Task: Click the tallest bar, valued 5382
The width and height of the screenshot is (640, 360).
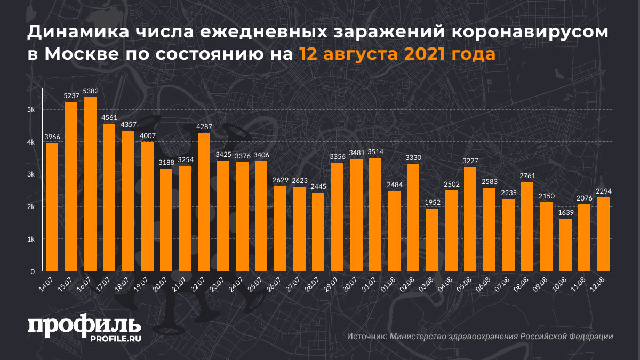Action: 90,184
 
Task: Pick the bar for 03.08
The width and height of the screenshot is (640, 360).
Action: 432,239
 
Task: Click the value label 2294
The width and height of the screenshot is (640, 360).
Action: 603,191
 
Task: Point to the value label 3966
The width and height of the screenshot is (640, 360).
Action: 52,137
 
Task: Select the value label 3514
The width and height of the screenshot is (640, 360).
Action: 375,152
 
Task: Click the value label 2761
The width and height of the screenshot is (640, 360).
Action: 527,176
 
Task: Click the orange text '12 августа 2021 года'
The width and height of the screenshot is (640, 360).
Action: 397,54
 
